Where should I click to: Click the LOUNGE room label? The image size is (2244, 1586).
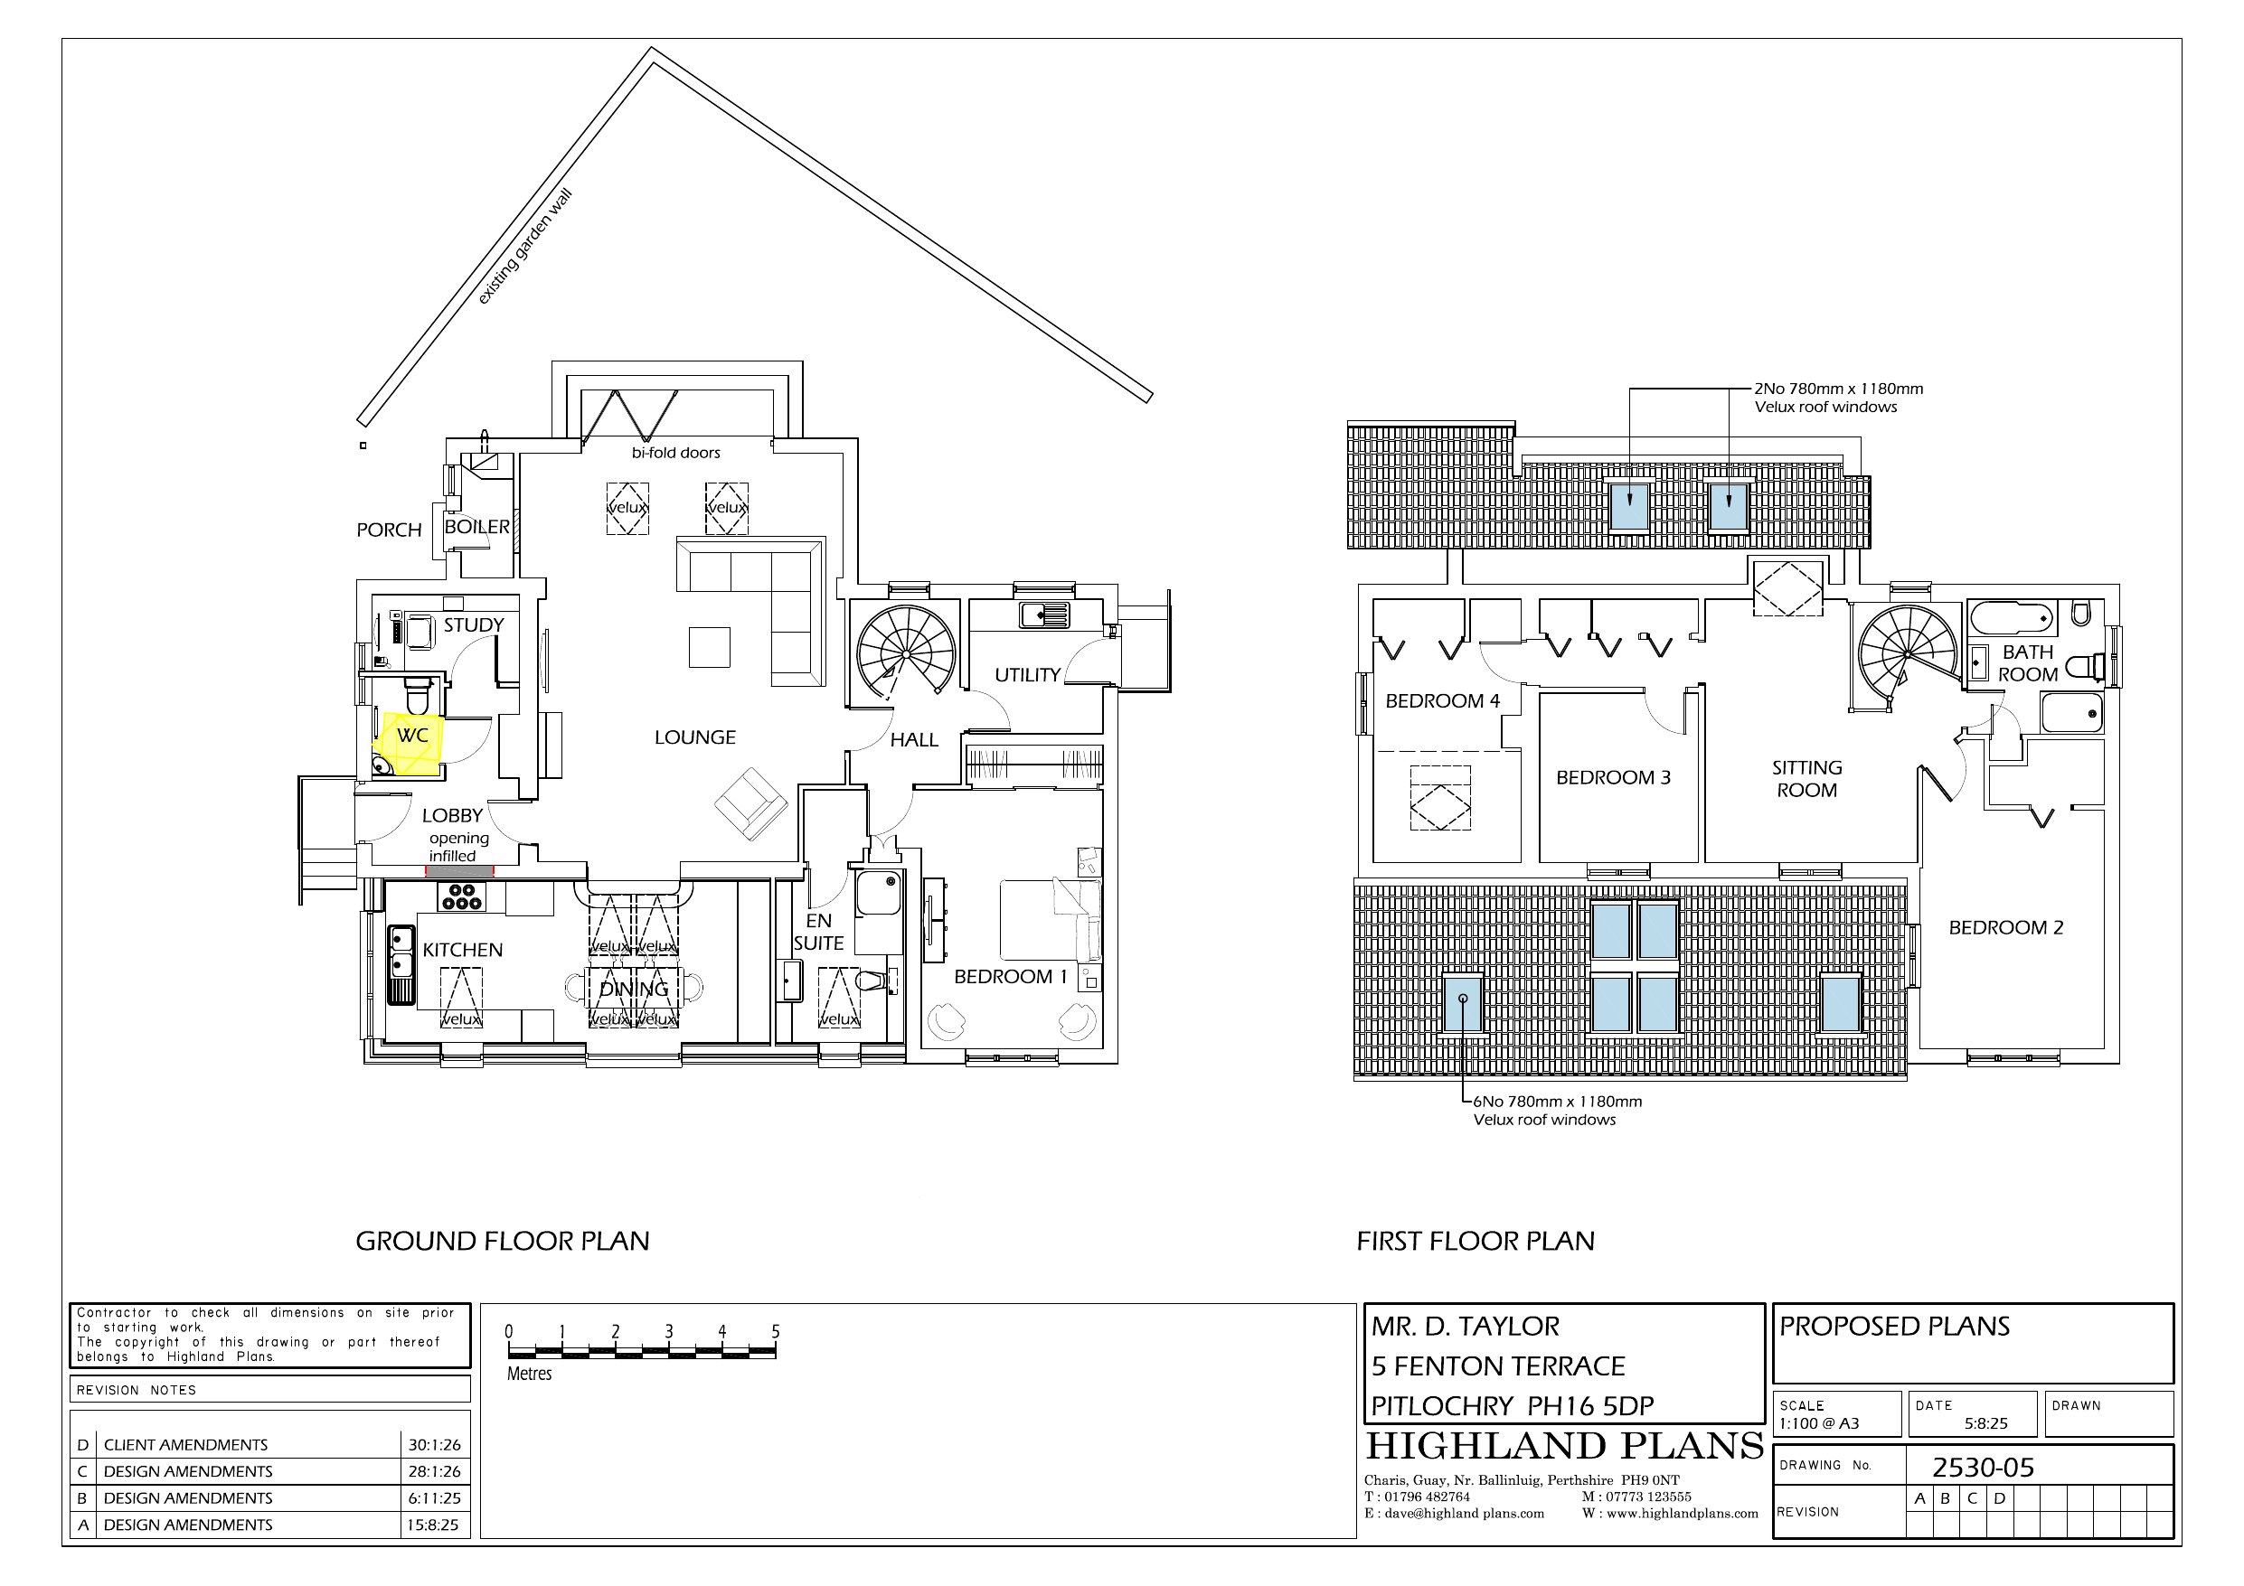click(695, 737)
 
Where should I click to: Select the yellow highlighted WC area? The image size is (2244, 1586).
click(410, 744)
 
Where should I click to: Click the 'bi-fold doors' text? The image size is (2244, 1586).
click(675, 453)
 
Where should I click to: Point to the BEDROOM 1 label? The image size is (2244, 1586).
click(1011, 976)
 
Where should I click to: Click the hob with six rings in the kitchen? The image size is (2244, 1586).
click(461, 896)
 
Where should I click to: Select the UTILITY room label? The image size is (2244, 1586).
click(1027, 675)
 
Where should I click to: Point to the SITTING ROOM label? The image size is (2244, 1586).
click(1806, 779)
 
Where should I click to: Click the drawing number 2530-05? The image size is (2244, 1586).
click(1983, 1468)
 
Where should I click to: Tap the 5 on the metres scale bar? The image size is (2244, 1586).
click(775, 1332)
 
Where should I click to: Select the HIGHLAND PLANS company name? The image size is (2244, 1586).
click(1564, 1446)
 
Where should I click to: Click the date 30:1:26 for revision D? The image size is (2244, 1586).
click(434, 1445)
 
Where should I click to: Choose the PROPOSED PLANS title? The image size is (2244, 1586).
click(1894, 1326)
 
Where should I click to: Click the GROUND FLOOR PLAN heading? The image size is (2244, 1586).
click(503, 1241)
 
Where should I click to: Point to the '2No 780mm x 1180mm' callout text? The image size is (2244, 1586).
click(1838, 389)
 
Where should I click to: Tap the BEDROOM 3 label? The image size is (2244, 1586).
click(1614, 778)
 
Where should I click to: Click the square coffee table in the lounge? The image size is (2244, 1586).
click(710, 646)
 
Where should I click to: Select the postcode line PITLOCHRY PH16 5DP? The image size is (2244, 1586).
click(1512, 1406)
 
